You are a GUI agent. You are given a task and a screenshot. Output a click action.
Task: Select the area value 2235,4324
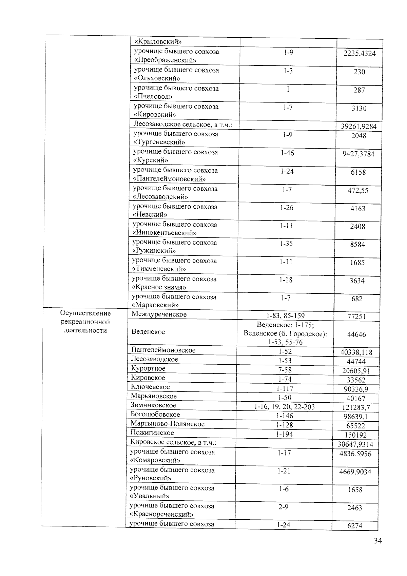360,54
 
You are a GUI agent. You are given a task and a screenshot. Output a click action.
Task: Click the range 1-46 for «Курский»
287,153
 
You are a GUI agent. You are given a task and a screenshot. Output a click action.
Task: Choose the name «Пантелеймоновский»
169,178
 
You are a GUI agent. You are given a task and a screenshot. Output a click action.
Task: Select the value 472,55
358,191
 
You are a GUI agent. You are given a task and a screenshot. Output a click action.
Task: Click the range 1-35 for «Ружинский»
287,244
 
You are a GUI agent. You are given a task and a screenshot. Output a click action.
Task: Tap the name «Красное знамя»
159,287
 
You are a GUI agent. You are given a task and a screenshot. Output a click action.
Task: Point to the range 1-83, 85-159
286,316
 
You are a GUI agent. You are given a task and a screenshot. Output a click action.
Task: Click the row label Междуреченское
159,314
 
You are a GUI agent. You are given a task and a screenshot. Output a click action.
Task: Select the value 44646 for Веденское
356,334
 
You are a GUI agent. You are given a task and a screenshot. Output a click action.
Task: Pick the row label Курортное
148,368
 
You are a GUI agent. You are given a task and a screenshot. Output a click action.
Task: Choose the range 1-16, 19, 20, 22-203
285,407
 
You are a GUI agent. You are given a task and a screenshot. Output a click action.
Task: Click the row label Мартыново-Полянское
168,424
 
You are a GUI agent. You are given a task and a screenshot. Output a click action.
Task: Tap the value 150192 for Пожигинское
355,435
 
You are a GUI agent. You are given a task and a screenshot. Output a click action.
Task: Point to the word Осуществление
85,313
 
